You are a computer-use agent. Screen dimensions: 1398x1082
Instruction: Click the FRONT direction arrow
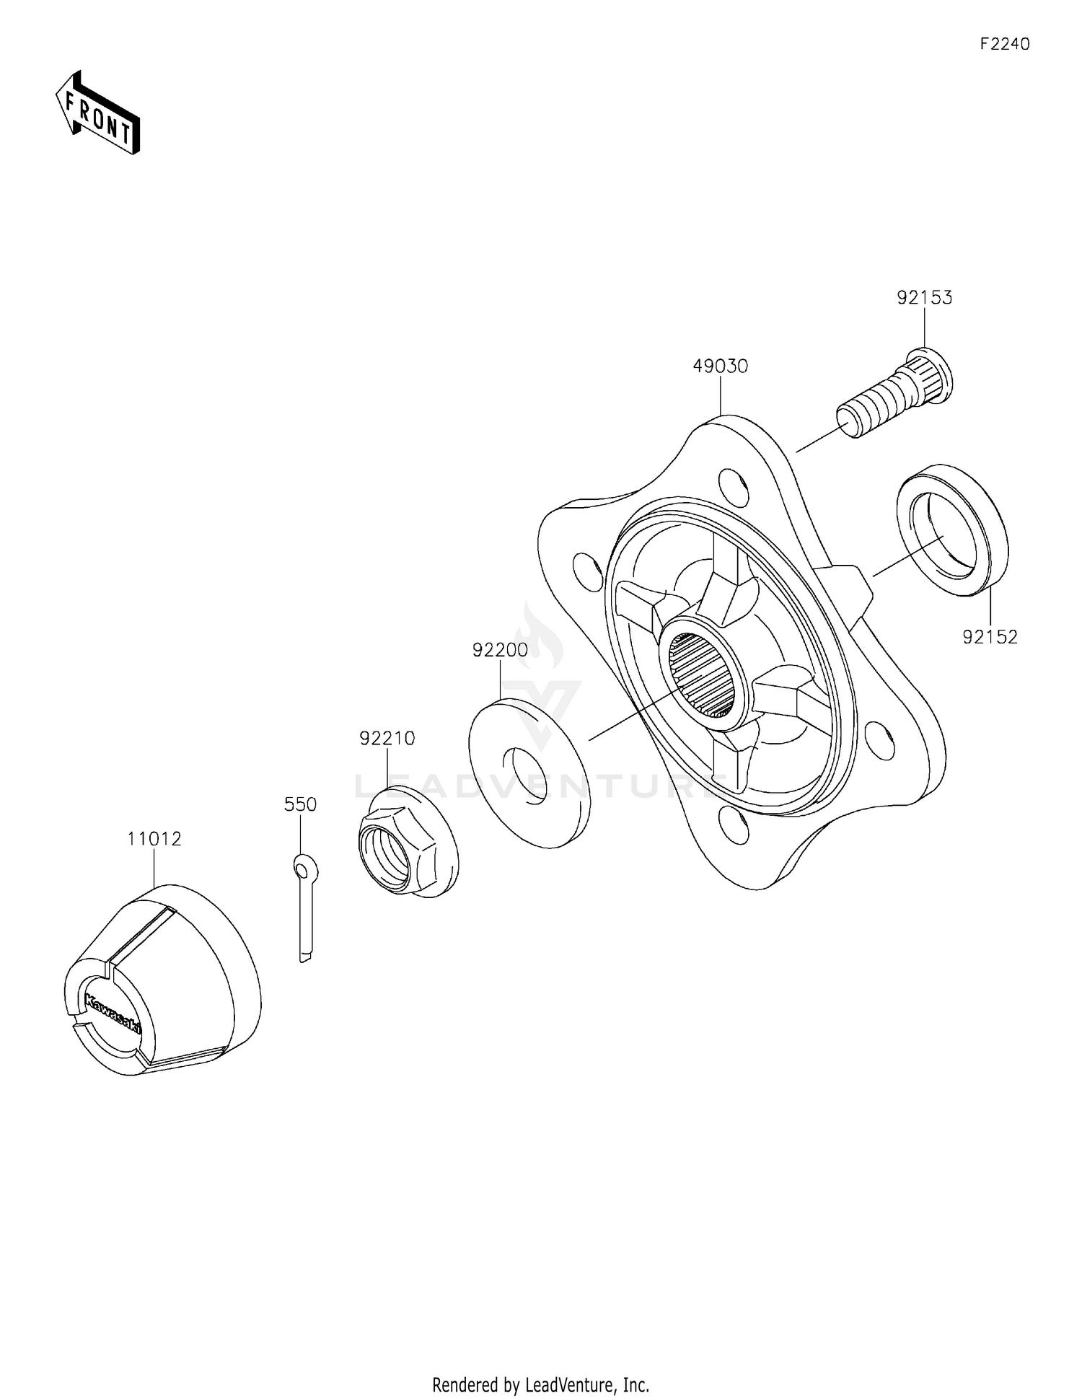(x=97, y=113)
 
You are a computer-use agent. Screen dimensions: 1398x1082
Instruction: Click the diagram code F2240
(x=1004, y=44)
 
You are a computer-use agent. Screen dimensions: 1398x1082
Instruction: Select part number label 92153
(x=924, y=297)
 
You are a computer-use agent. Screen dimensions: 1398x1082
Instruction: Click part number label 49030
(x=720, y=366)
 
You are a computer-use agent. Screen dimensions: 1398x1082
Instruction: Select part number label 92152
(x=990, y=637)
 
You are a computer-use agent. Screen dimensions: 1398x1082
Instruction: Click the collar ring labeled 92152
(x=952, y=529)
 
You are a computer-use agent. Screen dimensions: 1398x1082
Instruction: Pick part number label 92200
(x=500, y=650)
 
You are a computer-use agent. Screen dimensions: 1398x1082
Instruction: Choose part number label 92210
(x=387, y=738)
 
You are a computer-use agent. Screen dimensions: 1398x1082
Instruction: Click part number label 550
(x=300, y=804)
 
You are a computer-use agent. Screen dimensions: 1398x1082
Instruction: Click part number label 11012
(x=154, y=839)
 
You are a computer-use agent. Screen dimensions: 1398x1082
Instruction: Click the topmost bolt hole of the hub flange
(x=734, y=486)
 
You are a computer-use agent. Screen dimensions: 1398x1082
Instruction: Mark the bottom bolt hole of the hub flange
(x=734, y=826)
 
